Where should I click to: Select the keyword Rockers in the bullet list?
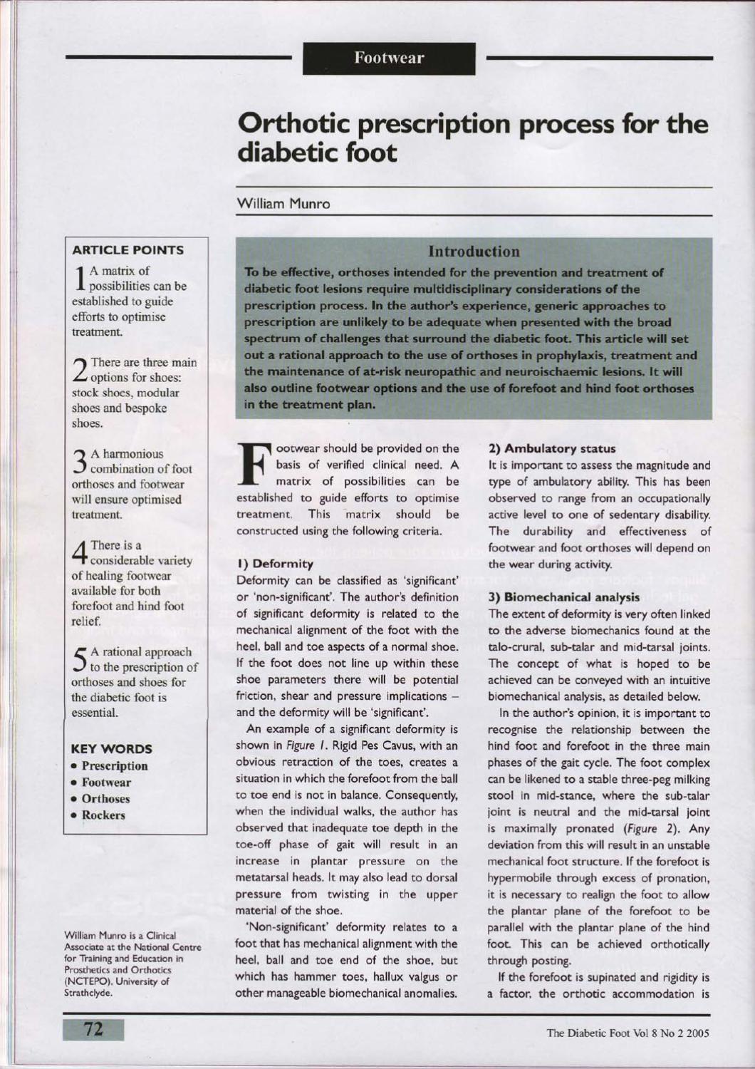(x=103, y=815)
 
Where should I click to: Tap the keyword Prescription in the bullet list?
(x=114, y=766)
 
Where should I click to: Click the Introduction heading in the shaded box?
(x=474, y=252)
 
